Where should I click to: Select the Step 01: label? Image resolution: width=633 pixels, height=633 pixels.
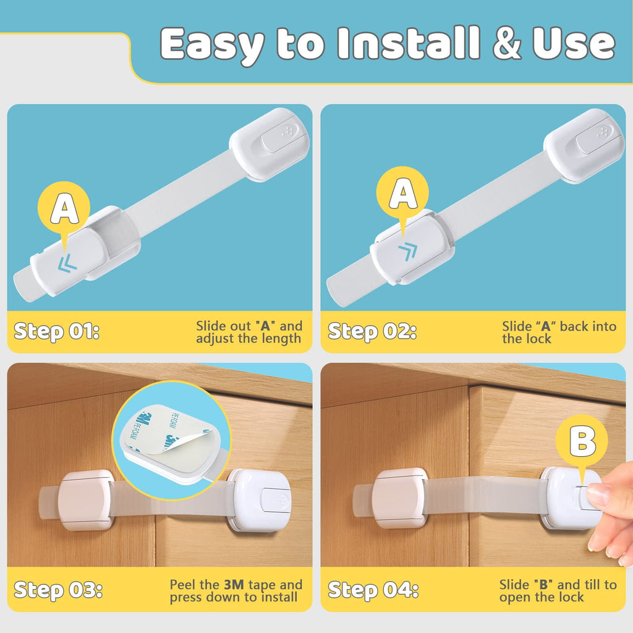click(x=56, y=331)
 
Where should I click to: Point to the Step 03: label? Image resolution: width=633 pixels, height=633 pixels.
click(x=58, y=590)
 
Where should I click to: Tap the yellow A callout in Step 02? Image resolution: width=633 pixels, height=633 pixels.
click(x=403, y=195)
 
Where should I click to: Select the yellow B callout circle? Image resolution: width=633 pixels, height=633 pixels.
click(x=581, y=443)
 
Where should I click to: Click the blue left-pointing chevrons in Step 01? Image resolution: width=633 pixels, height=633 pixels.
click(x=67, y=265)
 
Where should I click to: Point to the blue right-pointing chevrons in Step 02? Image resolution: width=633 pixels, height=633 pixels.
click(x=407, y=251)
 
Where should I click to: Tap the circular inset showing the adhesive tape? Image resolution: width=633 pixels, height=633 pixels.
click(x=171, y=440)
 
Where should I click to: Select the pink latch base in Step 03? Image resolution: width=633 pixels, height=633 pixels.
click(x=86, y=499)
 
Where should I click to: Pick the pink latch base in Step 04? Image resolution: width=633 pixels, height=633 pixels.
click(x=400, y=498)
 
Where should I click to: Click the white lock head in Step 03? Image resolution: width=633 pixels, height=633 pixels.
click(x=260, y=499)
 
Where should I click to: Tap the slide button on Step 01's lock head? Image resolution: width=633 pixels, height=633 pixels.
click(x=279, y=138)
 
